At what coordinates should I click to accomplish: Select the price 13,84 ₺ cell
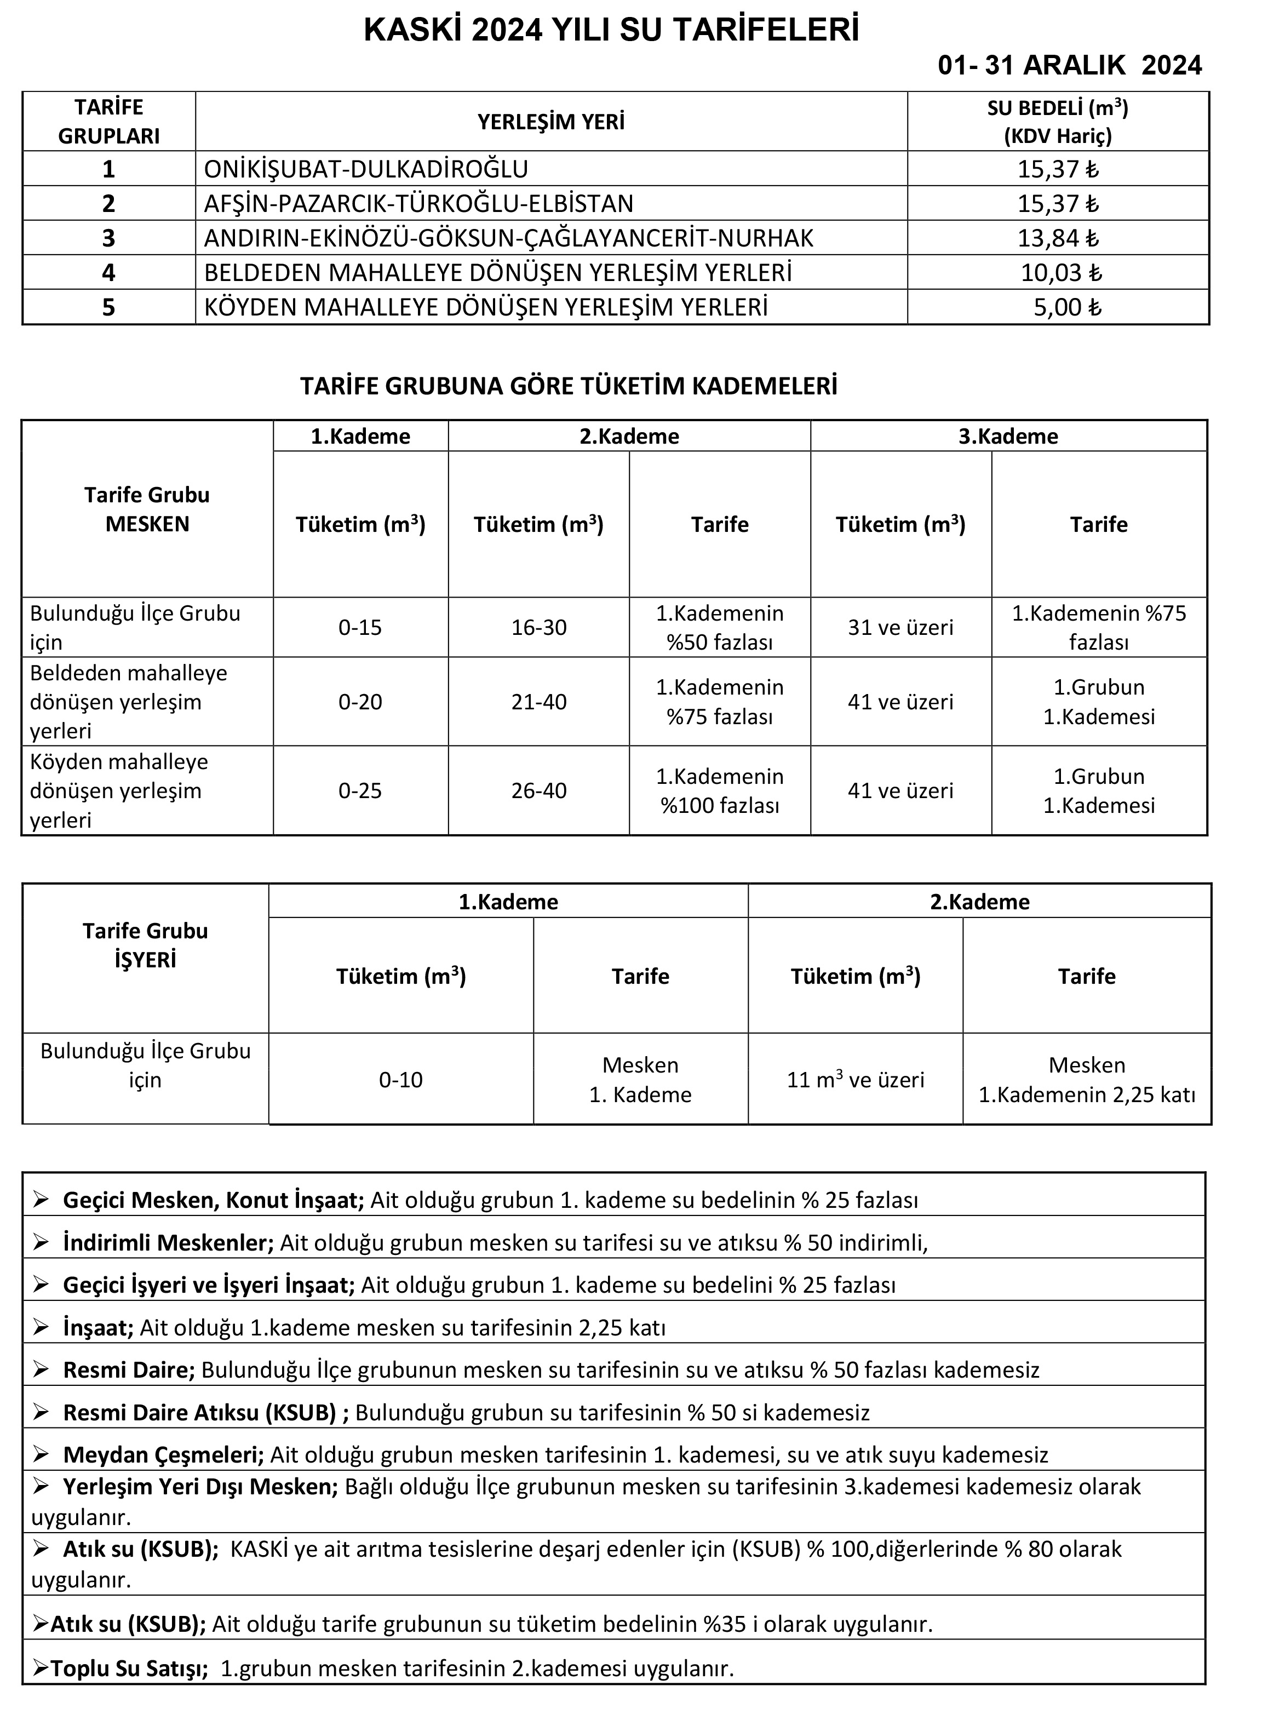pos(1058,238)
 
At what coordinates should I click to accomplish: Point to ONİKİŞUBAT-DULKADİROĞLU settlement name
pos(366,169)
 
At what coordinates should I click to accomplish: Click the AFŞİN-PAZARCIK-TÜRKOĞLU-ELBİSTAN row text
pos(419,203)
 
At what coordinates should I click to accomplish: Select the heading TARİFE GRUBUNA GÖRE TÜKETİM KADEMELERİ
pos(568,386)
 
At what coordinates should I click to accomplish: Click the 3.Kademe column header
pos(1008,436)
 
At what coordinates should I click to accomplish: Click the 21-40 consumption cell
pos(539,702)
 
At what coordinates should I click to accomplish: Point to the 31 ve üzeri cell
pos(900,628)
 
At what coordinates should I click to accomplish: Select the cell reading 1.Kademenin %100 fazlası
pos(719,790)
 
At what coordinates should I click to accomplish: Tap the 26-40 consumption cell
pos(539,790)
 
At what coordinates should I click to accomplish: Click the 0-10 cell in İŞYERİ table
pos(400,1080)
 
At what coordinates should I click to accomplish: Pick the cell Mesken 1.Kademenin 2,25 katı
pos(1087,1080)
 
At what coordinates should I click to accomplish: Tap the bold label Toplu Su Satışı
pos(129,1668)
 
